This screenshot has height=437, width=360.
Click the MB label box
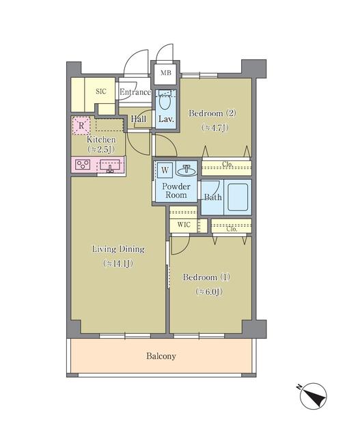point(166,72)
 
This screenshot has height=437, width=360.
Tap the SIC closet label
point(101,91)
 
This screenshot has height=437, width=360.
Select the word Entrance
point(135,92)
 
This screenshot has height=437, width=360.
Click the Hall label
point(139,118)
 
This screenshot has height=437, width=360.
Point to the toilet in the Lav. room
point(165,102)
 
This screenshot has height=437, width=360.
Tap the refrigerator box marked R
point(81,126)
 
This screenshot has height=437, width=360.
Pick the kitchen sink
point(110,165)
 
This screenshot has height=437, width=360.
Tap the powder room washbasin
point(185,169)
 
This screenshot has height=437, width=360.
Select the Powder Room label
point(176,189)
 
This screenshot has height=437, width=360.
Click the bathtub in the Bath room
point(237,197)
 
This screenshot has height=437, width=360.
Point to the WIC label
point(183,224)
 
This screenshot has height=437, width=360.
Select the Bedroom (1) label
point(208,277)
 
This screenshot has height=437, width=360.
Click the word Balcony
point(161,356)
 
